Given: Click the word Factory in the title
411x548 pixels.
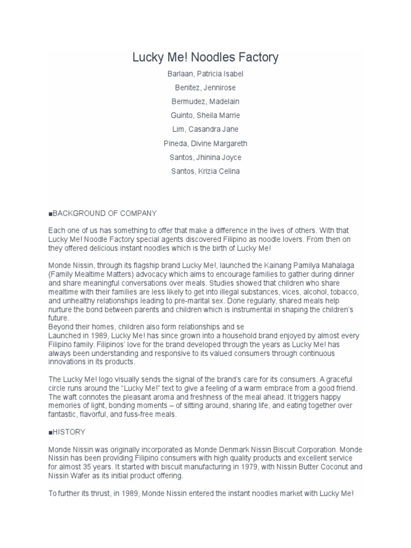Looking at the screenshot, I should (257, 57).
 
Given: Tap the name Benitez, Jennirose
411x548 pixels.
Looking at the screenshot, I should (205, 88).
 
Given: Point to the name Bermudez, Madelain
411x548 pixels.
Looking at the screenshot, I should (205, 102).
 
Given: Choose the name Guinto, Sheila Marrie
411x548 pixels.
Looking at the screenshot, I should (205, 116).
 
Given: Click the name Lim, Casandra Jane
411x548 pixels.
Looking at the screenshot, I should (205, 130).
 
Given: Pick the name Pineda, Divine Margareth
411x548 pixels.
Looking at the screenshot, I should (205, 143).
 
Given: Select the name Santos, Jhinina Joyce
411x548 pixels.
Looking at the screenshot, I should (205, 157).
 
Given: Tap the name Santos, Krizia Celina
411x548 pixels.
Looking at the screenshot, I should (205, 171).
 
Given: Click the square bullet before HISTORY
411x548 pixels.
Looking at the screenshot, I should (50, 432).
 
